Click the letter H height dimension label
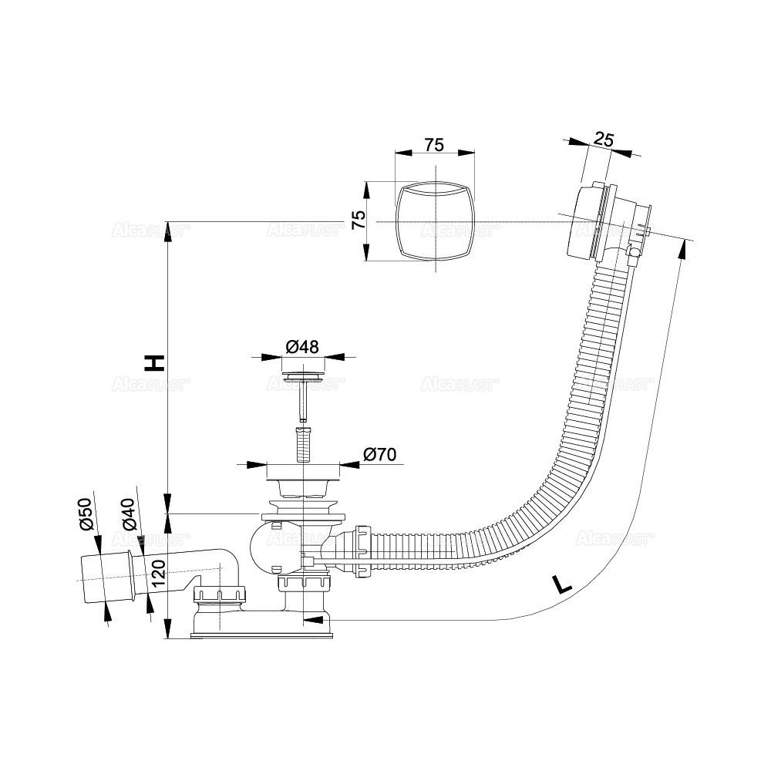coord(155,362)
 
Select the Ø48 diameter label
coord(302,347)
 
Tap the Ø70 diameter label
coord(378,455)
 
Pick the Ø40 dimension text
coord(129,514)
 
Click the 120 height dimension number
coord(158,574)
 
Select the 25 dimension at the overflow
coord(604,140)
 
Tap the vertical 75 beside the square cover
coord(357,221)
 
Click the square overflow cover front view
coord(435,222)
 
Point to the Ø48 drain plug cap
coord(302,376)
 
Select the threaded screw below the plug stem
coord(302,446)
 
